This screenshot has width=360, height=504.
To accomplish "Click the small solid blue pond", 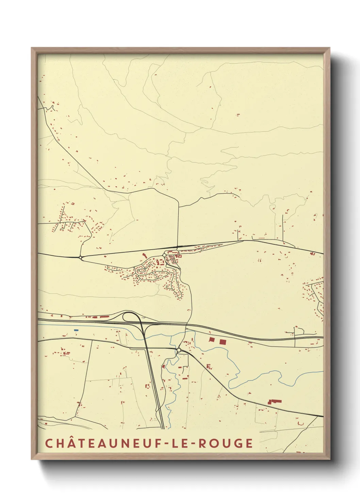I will point(76,330).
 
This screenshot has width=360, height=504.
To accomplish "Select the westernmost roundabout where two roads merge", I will point(81,257).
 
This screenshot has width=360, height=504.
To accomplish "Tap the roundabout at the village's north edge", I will point(164,255).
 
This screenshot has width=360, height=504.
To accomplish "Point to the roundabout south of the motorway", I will point(179,350).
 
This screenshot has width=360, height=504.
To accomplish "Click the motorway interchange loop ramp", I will point(129,316).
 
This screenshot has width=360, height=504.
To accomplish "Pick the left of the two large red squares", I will point(212,340).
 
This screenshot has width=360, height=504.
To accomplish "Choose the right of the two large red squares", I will point(223,342).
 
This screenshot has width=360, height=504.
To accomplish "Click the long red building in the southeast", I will point(275,401).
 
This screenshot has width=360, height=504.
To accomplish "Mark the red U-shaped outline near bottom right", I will point(301,423).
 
